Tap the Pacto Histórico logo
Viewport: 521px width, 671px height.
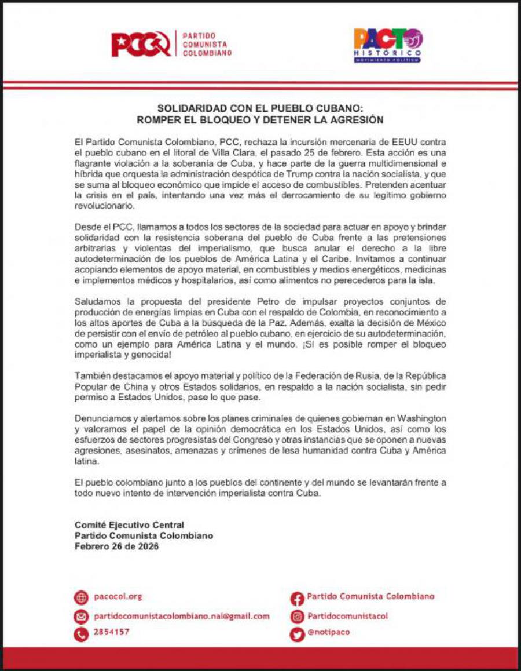[x=388, y=45]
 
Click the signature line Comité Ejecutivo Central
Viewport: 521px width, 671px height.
[x=129, y=525]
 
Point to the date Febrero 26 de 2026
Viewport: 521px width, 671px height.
[x=116, y=546]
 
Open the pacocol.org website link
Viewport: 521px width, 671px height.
[x=118, y=597]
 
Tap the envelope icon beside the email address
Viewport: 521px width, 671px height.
[x=81, y=617]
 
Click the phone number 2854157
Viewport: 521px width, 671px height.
[x=111, y=632]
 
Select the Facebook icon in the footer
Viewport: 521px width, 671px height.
[x=297, y=598]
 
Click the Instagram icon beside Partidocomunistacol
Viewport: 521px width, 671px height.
[x=297, y=617]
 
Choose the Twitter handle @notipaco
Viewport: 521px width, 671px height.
[x=328, y=632]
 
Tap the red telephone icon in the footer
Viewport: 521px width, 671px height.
[x=81, y=634]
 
